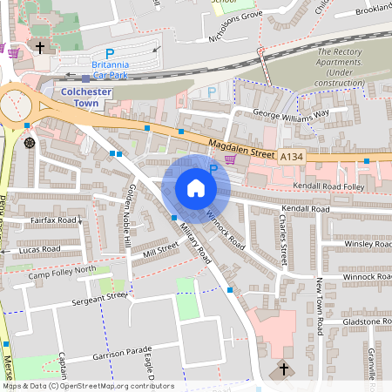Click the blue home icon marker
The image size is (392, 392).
point(195,188)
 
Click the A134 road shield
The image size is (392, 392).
point(292,156)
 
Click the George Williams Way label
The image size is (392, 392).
point(290,113)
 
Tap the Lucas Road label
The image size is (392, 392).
point(39,250)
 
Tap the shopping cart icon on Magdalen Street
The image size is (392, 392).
point(230,159)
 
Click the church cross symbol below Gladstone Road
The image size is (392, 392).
point(283,370)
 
